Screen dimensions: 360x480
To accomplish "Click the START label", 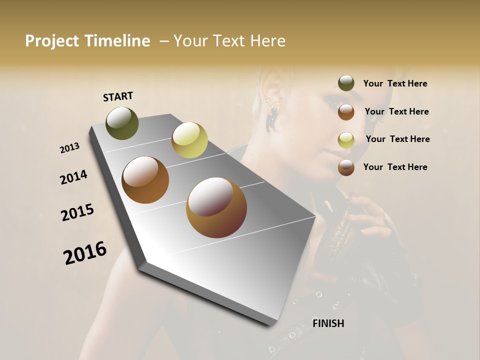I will pyautogui.click(x=118, y=96).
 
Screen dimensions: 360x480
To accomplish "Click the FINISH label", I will pyautogui.click(x=328, y=323).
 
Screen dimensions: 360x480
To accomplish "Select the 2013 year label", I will pyautogui.click(x=69, y=148).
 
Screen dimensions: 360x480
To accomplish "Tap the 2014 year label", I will pyautogui.click(x=73, y=177).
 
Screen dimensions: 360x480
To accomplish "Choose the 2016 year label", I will pyautogui.click(x=85, y=253).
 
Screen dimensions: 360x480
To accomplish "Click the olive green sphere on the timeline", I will pyautogui.click(x=122, y=123).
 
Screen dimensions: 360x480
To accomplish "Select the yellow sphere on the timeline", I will pyautogui.click(x=189, y=140).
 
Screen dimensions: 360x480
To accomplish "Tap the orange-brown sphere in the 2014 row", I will pyautogui.click(x=145, y=180).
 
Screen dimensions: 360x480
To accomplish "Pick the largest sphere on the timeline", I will pyautogui.click(x=216, y=207).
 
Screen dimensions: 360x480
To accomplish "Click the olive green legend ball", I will pyautogui.click(x=346, y=83).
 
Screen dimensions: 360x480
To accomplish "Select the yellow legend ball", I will pyautogui.click(x=346, y=139).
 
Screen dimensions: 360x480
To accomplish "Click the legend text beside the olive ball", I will pyautogui.click(x=395, y=83).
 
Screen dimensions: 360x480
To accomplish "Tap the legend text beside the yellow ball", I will pyautogui.click(x=397, y=139).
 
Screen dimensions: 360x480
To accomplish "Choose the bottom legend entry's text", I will pyautogui.click(x=395, y=167).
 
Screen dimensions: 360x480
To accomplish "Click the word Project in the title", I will pyautogui.click(x=52, y=41).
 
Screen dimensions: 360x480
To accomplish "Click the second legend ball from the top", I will pyautogui.click(x=346, y=111).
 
